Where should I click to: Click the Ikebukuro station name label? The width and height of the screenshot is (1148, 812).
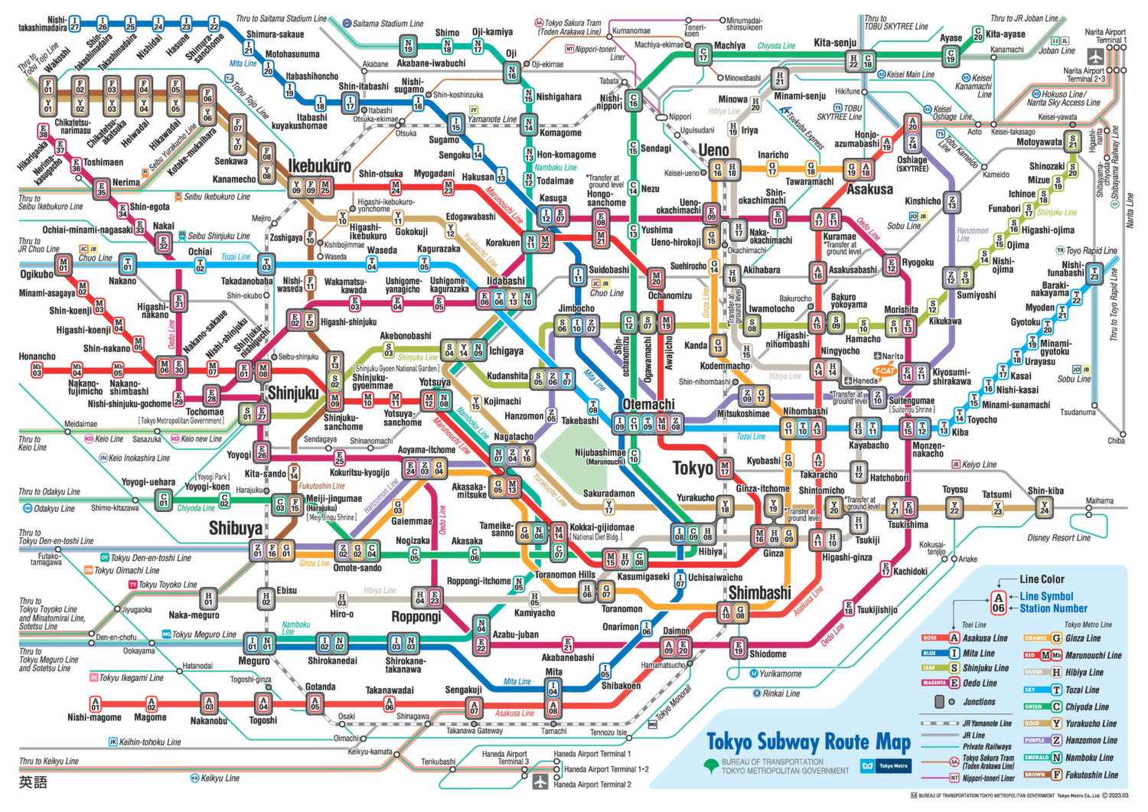click(319, 166)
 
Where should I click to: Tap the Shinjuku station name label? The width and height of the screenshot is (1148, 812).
click(293, 393)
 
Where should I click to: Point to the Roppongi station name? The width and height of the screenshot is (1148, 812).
click(416, 617)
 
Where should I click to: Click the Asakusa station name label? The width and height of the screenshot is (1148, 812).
click(869, 188)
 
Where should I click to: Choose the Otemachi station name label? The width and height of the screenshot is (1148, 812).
click(648, 404)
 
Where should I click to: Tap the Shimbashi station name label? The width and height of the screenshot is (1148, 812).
click(759, 593)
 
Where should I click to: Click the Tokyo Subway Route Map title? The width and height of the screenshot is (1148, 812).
click(808, 742)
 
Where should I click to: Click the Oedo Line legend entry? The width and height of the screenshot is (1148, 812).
click(980, 683)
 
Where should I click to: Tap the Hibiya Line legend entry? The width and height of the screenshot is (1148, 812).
click(1084, 672)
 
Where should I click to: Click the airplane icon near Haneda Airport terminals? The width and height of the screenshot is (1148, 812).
click(541, 781)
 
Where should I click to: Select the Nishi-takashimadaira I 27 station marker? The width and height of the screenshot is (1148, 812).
click(74, 24)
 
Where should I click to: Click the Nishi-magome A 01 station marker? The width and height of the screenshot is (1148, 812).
click(95, 703)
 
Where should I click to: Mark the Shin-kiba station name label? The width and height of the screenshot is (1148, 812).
click(1045, 491)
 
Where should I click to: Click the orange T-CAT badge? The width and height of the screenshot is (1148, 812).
click(884, 371)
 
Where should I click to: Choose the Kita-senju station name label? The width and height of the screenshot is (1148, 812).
click(835, 43)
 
